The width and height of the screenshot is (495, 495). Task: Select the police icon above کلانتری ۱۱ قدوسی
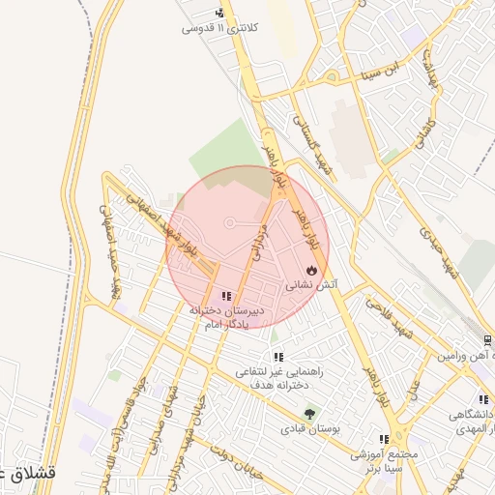point(221,14)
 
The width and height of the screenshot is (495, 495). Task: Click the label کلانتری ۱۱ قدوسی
point(220,29)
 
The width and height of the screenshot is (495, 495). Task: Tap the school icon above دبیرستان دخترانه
point(225,296)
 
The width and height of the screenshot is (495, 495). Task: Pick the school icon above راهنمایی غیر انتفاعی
point(278,357)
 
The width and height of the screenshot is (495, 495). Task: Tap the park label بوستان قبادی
point(306,426)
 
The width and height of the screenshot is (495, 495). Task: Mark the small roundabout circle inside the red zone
point(230,224)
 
